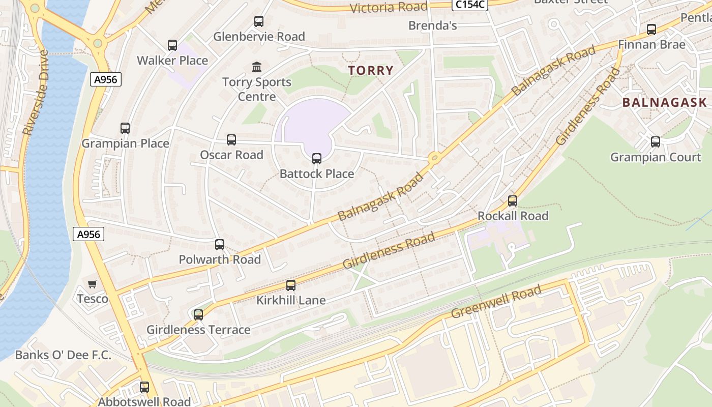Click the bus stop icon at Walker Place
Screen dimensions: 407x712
172,45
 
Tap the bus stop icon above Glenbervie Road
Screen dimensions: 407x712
259,21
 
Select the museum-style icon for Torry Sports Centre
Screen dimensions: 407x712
257,67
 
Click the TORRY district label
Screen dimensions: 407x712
371,71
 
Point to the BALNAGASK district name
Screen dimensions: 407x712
665,102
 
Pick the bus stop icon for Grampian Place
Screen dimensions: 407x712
125,128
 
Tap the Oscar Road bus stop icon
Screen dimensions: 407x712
231,140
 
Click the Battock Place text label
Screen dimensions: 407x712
317,174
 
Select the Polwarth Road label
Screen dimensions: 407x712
220,259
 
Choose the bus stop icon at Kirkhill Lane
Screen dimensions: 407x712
291,285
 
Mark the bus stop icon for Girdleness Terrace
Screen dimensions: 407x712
198,315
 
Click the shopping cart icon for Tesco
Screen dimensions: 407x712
92,284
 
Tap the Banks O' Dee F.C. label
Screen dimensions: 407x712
63,355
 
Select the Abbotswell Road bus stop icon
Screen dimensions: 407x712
144,387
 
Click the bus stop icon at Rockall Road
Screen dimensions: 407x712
513,201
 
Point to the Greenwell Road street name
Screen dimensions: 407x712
496,302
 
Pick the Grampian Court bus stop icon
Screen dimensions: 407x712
656,142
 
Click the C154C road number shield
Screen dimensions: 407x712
470,5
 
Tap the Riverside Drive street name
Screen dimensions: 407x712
36,92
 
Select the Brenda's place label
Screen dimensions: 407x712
433,25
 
